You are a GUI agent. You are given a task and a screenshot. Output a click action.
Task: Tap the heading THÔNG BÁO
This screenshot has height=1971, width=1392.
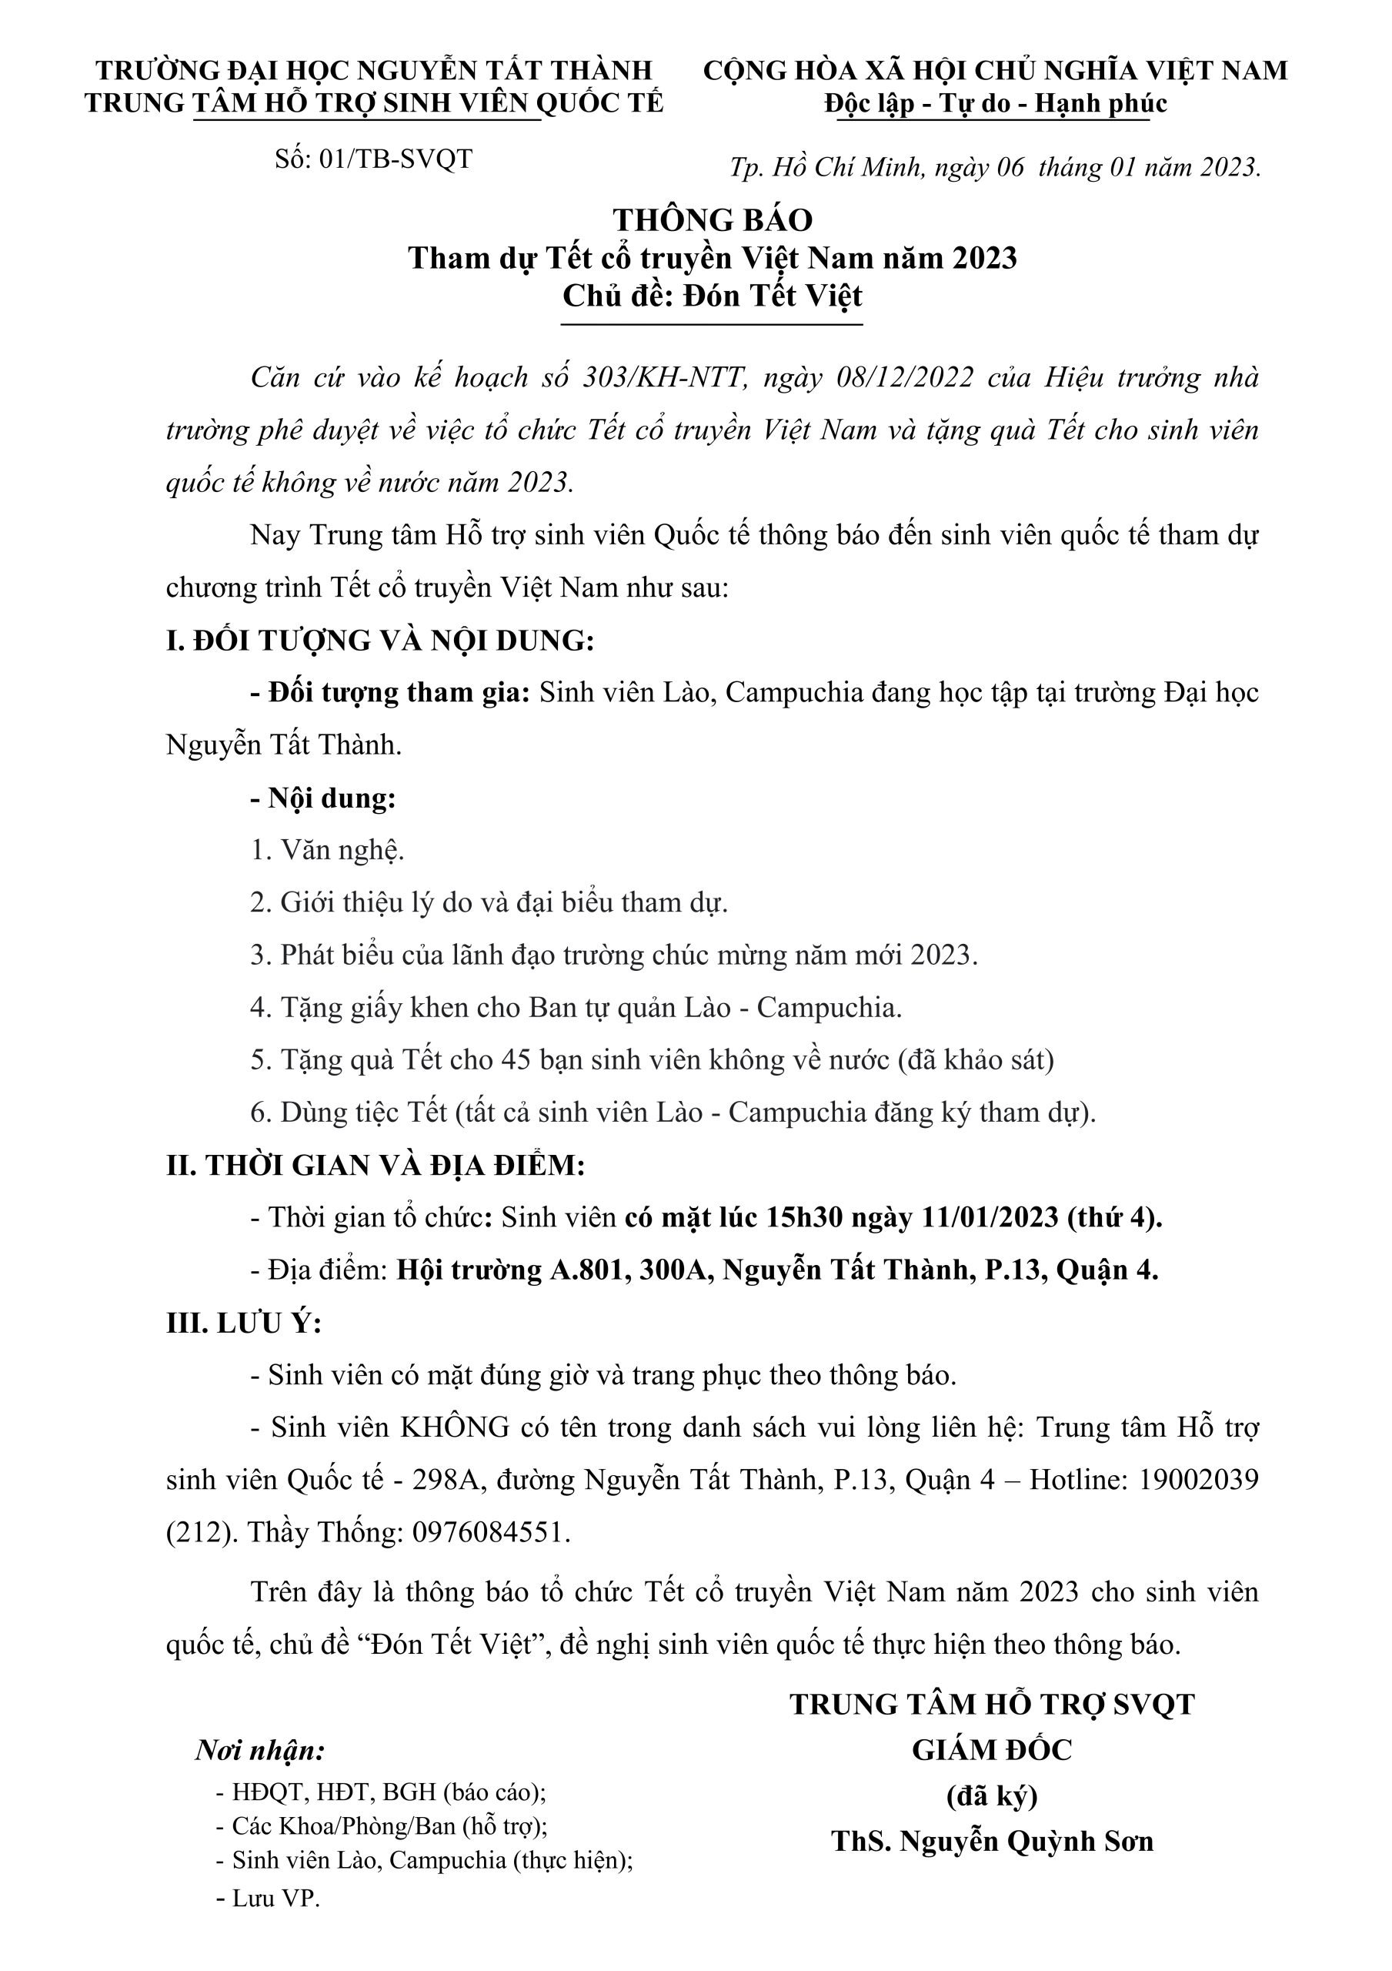coord(713,219)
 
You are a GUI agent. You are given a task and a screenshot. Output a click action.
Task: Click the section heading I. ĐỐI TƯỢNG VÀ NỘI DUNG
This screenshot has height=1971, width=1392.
coord(379,641)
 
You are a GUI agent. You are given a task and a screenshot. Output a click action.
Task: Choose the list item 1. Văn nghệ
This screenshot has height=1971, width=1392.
coord(327,850)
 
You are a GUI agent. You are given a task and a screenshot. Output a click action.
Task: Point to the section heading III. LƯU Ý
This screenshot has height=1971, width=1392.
coord(244,1323)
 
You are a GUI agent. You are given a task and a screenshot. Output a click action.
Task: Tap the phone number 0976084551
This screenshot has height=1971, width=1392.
coord(486,1532)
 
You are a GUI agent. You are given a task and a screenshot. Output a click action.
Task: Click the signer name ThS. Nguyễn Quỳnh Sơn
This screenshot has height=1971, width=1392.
coord(992,1841)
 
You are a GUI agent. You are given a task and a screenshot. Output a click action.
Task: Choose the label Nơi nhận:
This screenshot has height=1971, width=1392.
coord(260,1750)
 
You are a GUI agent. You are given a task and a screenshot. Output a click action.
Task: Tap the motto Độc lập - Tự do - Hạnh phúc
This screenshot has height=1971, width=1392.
coord(996,104)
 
